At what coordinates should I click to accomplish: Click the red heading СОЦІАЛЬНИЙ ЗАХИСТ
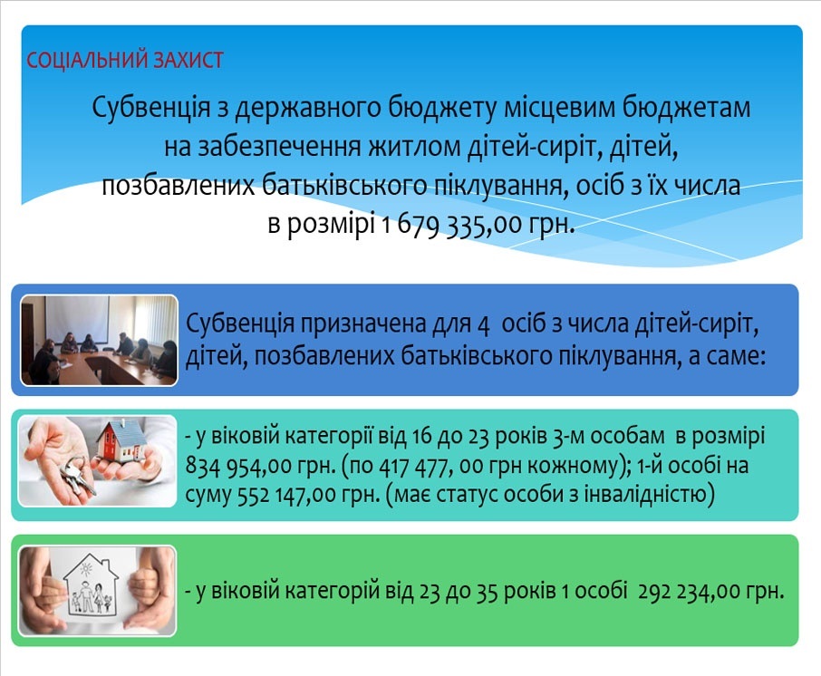tap(125, 60)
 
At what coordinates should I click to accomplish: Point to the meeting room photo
tap(99, 341)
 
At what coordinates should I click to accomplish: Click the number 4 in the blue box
tap(483, 325)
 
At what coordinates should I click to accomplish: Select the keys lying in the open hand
tap(77, 476)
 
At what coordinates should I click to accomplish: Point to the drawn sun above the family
tap(86, 567)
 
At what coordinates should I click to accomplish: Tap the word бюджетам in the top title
tap(687, 107)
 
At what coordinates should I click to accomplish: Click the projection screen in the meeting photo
tap(77, 319)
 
